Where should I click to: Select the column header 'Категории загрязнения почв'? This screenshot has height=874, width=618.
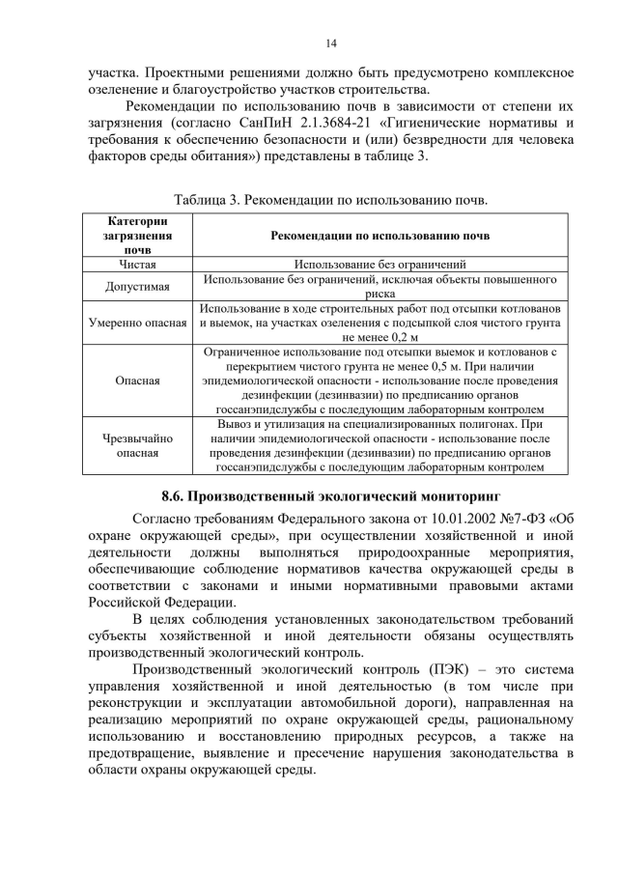[136, 235]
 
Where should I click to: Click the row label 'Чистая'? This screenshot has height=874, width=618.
[137, 263]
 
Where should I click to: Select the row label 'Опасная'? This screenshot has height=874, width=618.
[137, 381]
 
